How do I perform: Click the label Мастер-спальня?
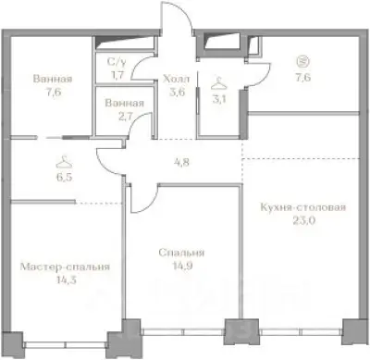65,267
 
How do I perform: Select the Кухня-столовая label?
303,207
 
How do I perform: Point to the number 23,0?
303,221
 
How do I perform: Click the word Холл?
176,79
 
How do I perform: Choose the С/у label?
117,62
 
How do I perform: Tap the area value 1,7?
117,75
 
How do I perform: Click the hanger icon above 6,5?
65,160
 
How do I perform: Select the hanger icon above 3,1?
219,82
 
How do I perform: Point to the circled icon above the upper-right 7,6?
303,62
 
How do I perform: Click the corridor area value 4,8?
182,162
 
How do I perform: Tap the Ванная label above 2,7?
125,103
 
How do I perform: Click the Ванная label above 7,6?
53,79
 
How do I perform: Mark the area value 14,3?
65,280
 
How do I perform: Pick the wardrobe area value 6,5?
65,178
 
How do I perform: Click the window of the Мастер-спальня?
66,344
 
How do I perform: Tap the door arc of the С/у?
137,63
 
